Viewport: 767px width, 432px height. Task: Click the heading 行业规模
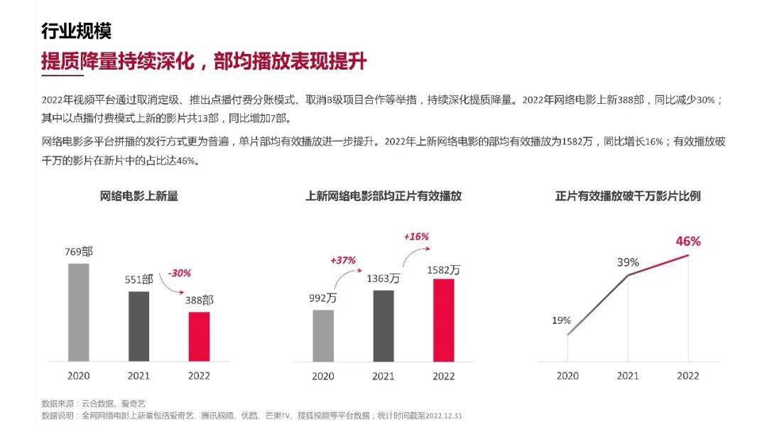pos(76,32)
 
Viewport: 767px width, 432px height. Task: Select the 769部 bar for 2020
pos(79,313)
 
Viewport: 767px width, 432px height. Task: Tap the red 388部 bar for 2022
pos(200,336)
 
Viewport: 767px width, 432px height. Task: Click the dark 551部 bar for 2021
pos(139,326)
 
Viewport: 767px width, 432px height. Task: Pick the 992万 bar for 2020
pos(323,335)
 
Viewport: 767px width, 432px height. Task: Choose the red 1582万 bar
pos(444,320)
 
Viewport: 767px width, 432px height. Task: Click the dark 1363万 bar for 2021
pos(383,325)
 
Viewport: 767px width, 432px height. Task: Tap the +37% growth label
pos(343,261)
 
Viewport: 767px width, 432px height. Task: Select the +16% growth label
pos(416,237)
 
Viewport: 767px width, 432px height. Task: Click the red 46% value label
pos(687,242)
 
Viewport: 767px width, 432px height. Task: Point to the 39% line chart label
pos(628,262)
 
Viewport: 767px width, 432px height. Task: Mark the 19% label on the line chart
pos(561,320)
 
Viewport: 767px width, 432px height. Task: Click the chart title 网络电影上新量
pos(138,196)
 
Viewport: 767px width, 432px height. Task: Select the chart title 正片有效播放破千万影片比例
pos(628,196)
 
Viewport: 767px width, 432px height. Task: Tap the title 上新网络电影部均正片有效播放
pos(383,196)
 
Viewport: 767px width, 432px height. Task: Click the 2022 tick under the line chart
pos(687,376)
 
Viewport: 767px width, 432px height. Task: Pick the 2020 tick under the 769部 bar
pos(79,376)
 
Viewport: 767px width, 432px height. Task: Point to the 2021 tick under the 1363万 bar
pos(383,376)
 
